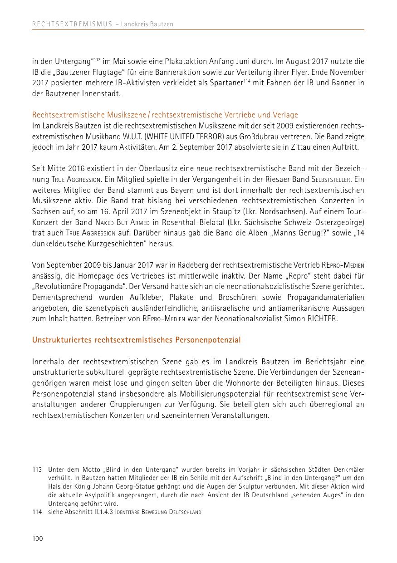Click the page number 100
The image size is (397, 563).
point(37,539)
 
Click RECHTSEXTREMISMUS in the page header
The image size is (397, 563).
point(72,24)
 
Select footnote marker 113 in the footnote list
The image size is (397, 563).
point(37,470)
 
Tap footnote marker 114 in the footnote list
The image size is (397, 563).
point(37,512)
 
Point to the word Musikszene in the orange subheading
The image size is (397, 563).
point(124,115)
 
